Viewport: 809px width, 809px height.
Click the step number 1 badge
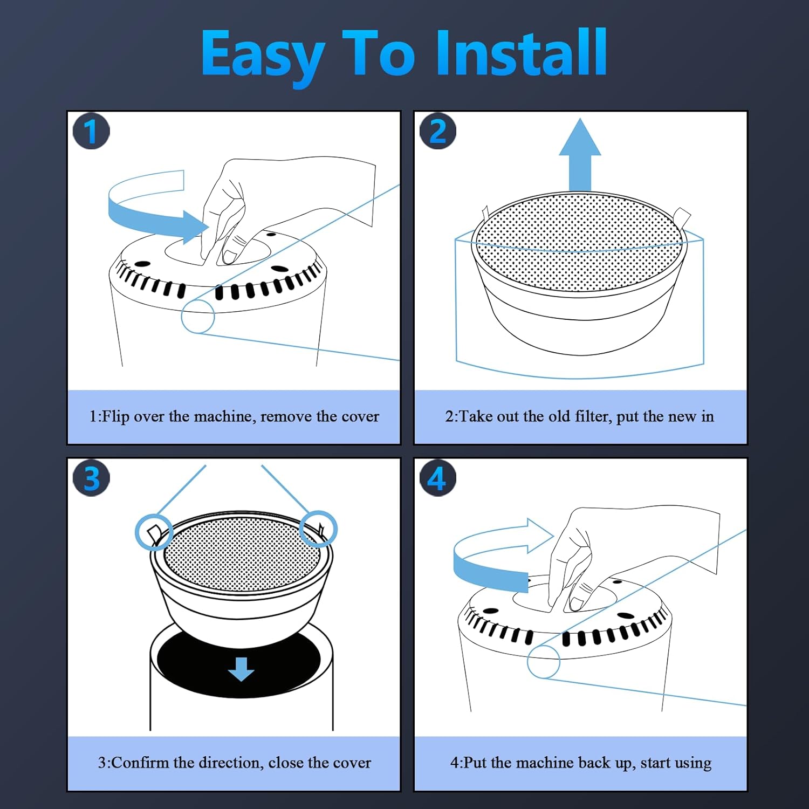click(x=91, y=131)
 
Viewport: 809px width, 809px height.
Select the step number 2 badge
click(x=438, y=131)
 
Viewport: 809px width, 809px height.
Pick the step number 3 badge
click(x=91, y=478)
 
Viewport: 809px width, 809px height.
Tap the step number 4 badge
click(x=438, y=478)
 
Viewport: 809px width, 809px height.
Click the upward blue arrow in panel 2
click(x=580, y=155)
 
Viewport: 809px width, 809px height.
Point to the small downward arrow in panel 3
click(x=241, y=669)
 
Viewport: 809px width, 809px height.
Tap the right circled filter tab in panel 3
click(x=318, y=529)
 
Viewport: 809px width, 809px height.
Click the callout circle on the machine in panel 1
click(x=198, y=317)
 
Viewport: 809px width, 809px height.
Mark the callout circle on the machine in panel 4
click(x=544, y=661)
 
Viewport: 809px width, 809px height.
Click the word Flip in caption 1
click(x=115, y=416)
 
